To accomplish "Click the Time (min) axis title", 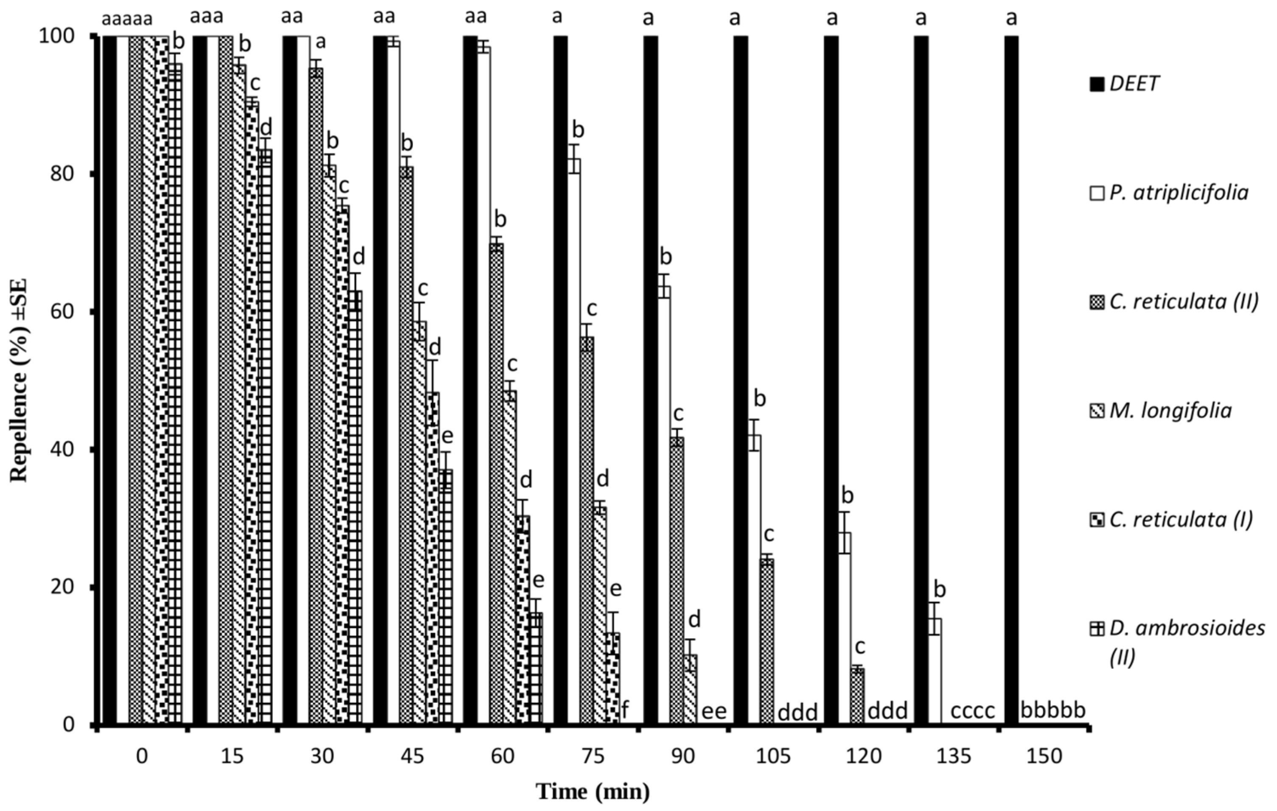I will (x=593, y=792).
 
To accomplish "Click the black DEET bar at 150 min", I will (x=1011, y=379).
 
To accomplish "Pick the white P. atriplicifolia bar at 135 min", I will (x=935, y=670).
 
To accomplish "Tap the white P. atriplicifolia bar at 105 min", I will (x=754, y=578).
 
